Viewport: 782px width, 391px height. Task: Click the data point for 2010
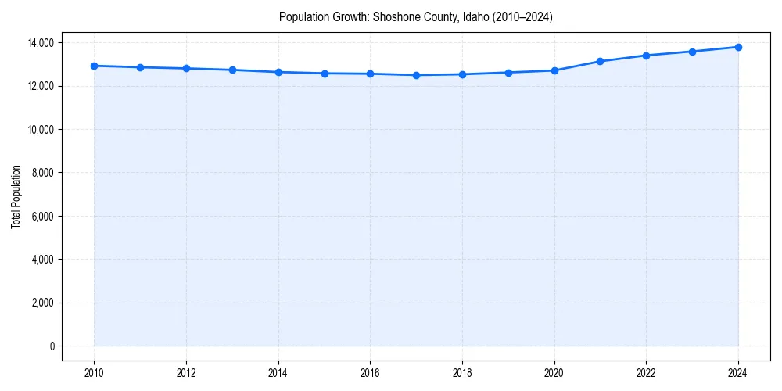click(94, 66)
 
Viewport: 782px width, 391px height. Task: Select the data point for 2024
click(738, 47)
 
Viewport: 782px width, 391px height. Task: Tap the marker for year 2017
click(416, 75)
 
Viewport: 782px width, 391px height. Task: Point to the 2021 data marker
click(600, 61)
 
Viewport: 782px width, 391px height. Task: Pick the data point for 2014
click(278, 72)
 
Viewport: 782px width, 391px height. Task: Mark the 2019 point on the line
click(508, 73)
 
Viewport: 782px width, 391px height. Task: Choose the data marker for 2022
click(646, 56)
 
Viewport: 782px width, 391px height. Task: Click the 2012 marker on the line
click(186, 68)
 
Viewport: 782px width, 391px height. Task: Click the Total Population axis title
click(16, 196)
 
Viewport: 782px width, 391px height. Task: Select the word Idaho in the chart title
click(475, 16)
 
